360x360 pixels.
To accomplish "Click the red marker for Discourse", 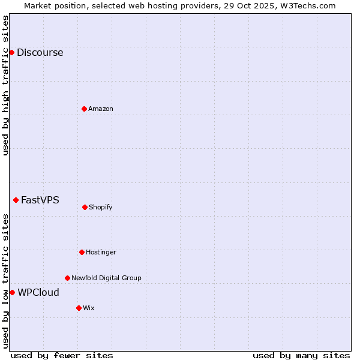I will [x=11, y=52].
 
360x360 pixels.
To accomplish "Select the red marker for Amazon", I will [x=84, y=109].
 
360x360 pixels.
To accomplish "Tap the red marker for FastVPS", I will [x=16, y=200].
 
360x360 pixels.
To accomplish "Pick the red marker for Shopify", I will [x=85, y=207].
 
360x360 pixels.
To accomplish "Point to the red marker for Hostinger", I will [x=82, y=252].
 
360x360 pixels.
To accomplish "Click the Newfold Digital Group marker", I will [x=67, y=278].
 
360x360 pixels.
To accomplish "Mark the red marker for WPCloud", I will [x=12, y=292].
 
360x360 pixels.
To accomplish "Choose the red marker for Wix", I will [x=79, y=308].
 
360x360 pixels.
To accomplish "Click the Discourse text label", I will [x=40, y=52].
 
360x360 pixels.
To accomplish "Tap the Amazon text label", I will [x=101, y=109].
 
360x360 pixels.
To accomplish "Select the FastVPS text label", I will [x=40, y=200].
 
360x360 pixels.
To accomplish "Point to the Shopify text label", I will [x=101, y=207].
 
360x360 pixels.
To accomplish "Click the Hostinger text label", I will [x=101, y=252].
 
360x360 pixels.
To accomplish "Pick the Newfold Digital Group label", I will [x=106, y=278].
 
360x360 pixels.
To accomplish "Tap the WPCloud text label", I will [x=38, y=292].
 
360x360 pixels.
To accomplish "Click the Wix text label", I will [x=89, y=308].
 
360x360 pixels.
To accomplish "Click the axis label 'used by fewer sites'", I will [x=62, y=355].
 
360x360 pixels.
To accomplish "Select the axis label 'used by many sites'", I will [x=301, y=355].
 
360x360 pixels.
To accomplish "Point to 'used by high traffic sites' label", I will [x=5, y=85].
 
